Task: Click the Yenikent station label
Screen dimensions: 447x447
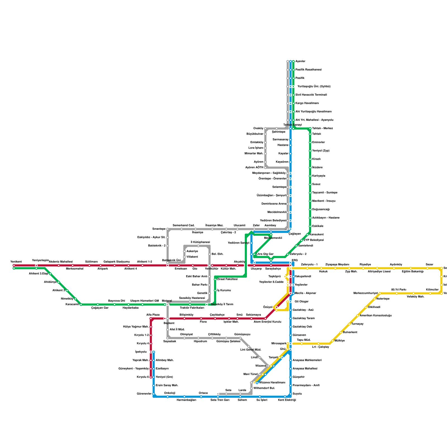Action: pos(16,262)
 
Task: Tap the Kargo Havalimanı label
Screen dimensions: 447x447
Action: pos(307,103)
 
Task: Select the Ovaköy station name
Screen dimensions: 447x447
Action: pos(258,129)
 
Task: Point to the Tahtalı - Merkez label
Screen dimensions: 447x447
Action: pos(322,129)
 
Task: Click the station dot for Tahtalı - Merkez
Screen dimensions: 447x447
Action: pos(310,129)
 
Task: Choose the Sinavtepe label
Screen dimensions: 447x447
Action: pos(159,229)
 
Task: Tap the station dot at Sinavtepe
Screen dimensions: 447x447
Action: pos(168,229)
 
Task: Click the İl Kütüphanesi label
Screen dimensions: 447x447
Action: pos(200,242)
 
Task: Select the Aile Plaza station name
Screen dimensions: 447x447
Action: pos(153,315)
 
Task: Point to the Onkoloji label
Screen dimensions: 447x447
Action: pos(170,393)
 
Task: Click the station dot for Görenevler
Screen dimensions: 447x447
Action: pos(154,394)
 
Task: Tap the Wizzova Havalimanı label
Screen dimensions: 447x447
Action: pos(272,383)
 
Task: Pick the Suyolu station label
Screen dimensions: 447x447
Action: pos(297,394)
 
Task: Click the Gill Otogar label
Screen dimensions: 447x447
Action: pos(301,302)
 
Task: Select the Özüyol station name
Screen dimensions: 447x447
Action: pos(268,307)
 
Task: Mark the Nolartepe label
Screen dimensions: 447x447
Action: pos(383,299)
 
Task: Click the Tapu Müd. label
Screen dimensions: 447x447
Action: pos(304,340)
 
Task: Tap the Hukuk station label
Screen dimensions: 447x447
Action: pos(323,272)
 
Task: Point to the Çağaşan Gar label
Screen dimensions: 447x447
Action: pos(100,308)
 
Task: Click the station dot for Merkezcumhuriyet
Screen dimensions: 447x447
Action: pos(380,293)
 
